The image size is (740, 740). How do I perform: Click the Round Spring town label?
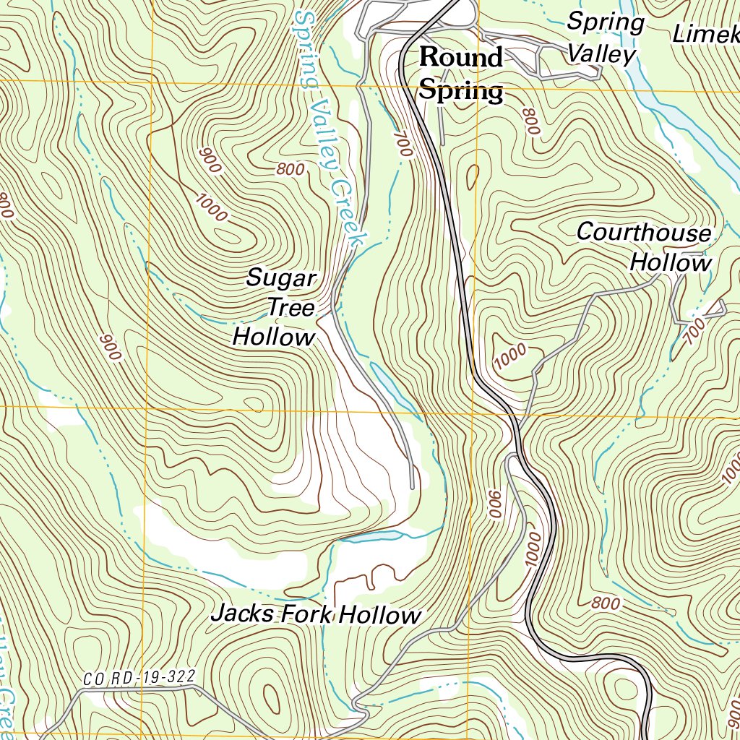tap(461, 74)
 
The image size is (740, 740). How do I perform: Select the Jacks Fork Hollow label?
tap(315, 615)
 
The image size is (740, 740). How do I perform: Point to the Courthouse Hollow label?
tap(644, 247)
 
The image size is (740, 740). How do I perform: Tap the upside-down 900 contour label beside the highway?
tap(495, 504)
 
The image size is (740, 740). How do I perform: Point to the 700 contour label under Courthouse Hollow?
tap(694, 332)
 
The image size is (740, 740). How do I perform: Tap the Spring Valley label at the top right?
tap(604, 38)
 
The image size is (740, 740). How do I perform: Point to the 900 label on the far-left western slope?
tap(109, 348)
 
